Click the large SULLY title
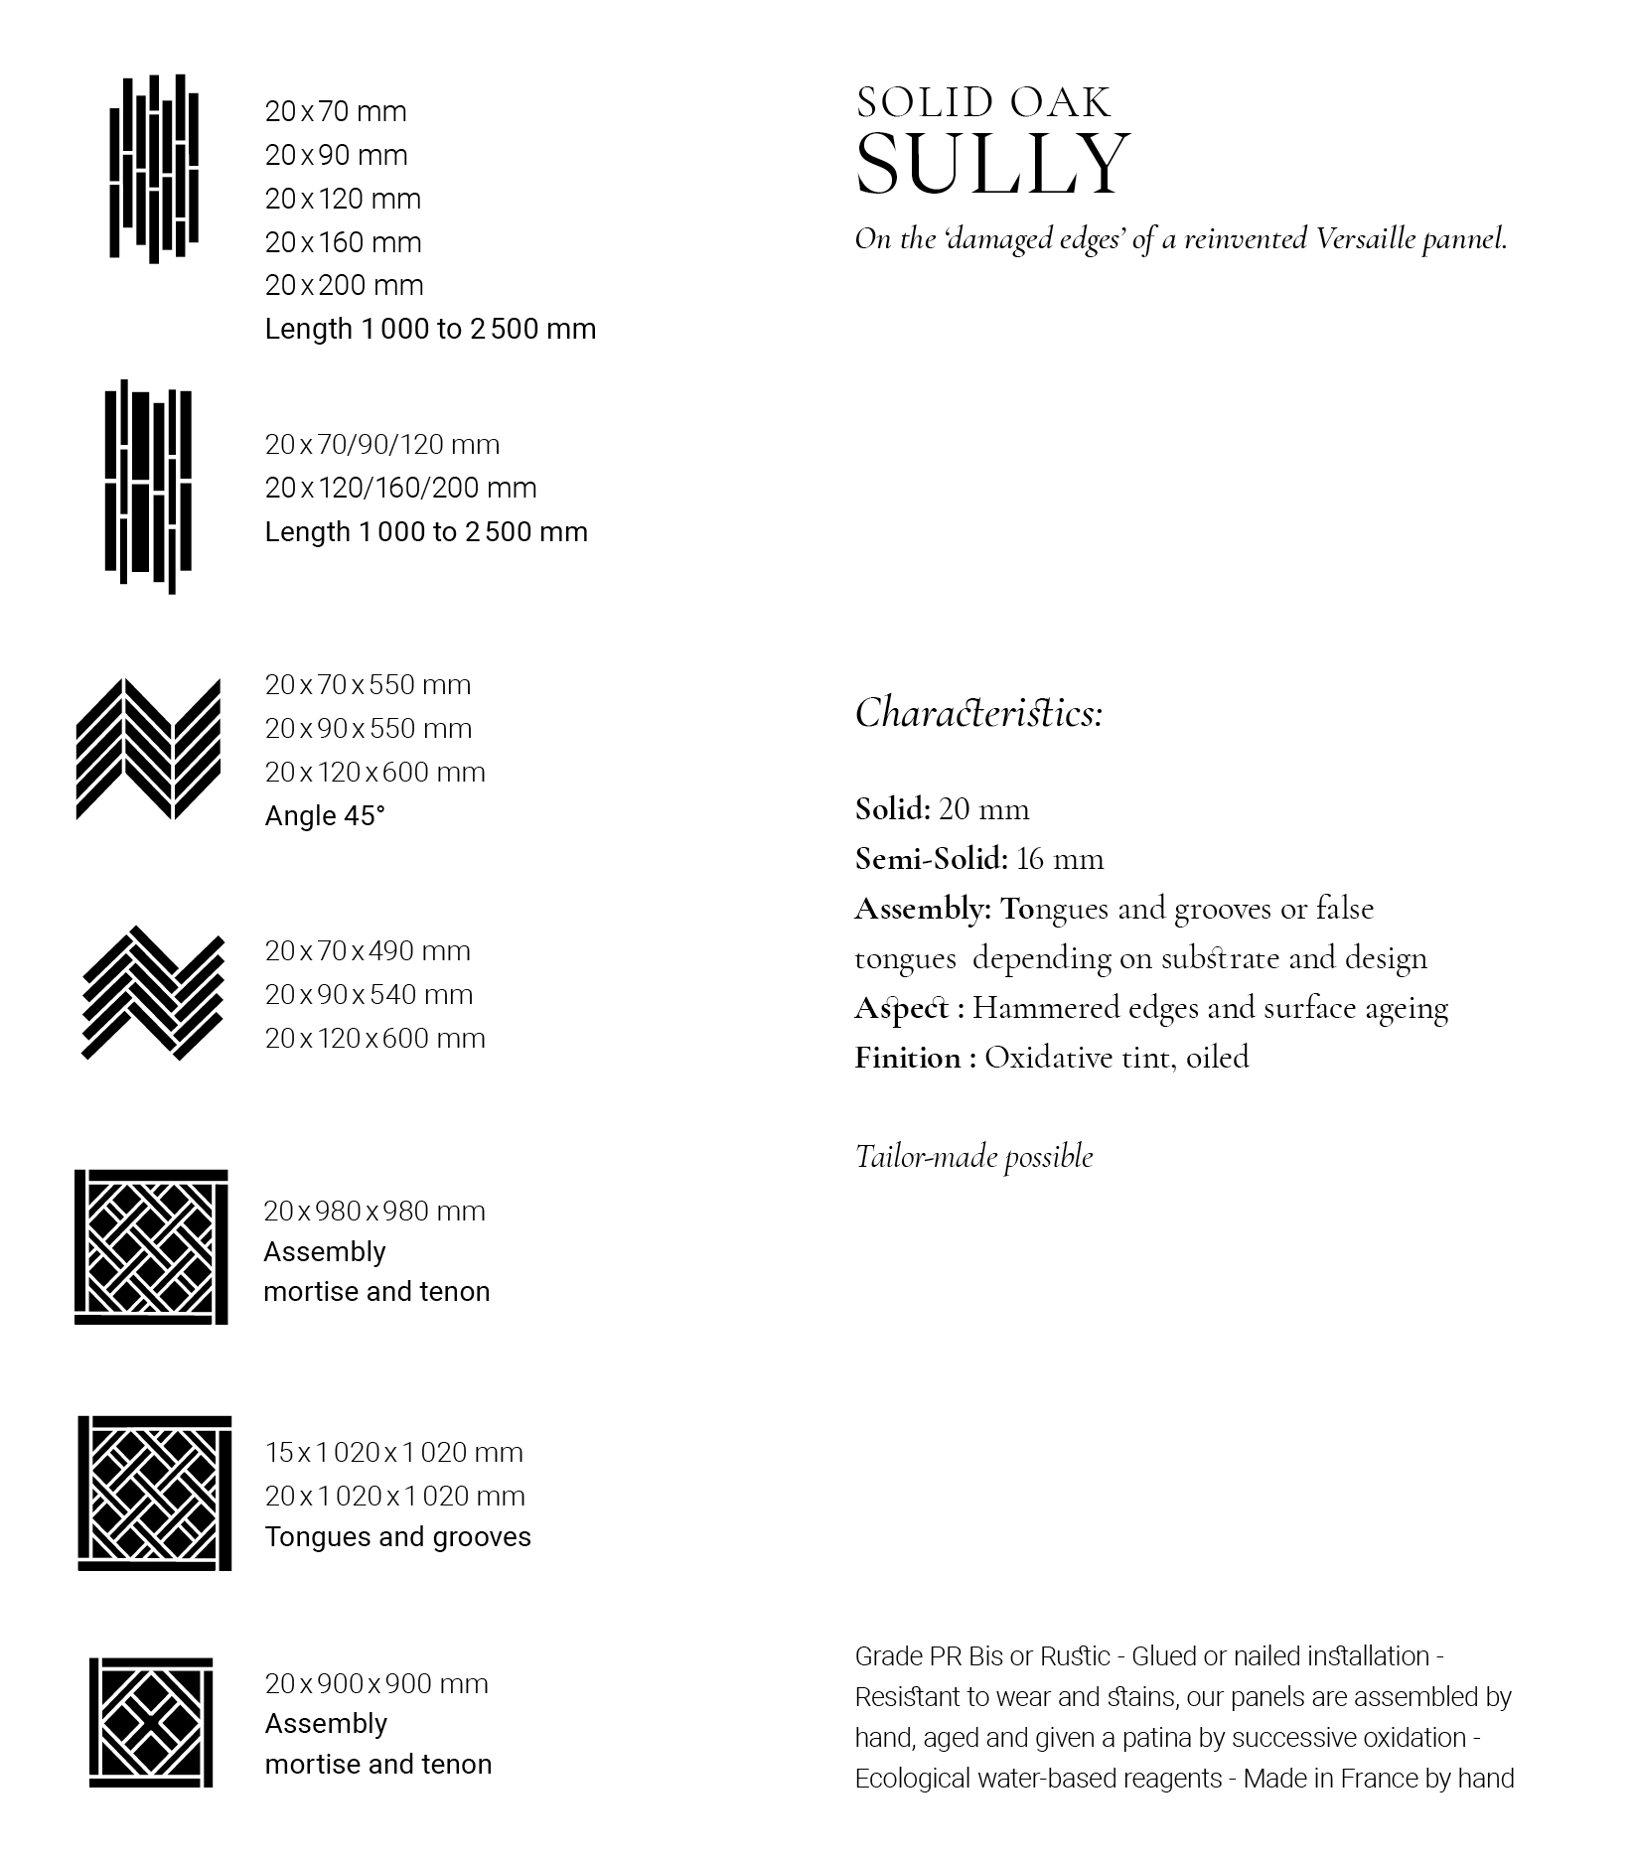click(992, 164)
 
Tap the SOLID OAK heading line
click(983, 103)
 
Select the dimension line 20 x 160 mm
click(343, 242)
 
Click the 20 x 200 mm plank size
click(344, 286)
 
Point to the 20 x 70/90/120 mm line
click(381, 444)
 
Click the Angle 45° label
click(324, 816)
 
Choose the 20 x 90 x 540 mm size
click(369, 995)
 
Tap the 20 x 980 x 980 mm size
click(374, 1212)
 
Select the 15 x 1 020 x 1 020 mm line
click(393, 1453)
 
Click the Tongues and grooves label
click(397, 1537)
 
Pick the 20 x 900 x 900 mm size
click(376, 1684)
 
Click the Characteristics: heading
click(978, 713)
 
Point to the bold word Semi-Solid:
click(931, 859)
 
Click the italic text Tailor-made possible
click(973, 1157)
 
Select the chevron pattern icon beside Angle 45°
click(148, 750)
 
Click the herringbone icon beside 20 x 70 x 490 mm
click(152, 993)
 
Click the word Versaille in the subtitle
click(1365, 239)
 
